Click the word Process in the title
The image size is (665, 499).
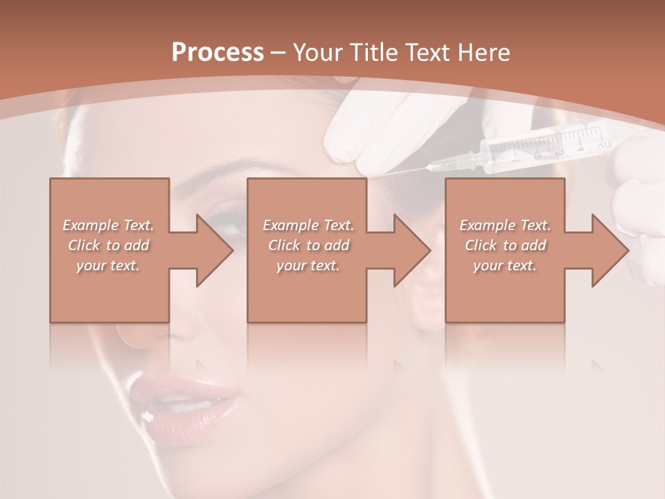pyautogui.click(x=218, y=53)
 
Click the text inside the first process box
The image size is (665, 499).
pyautogui.click(x=109, y=245)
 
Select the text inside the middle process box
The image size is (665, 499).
pyautogui.click(x=308, y=245)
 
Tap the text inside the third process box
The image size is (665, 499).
pyautogui.click(x=505, y=245)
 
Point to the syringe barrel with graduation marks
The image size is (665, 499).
pyautogui.click(x=547, y=144)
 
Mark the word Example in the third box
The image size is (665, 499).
pyautogui.click(x=486, y=226)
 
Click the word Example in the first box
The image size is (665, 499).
pyautogui.click(x=89, y=226)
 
